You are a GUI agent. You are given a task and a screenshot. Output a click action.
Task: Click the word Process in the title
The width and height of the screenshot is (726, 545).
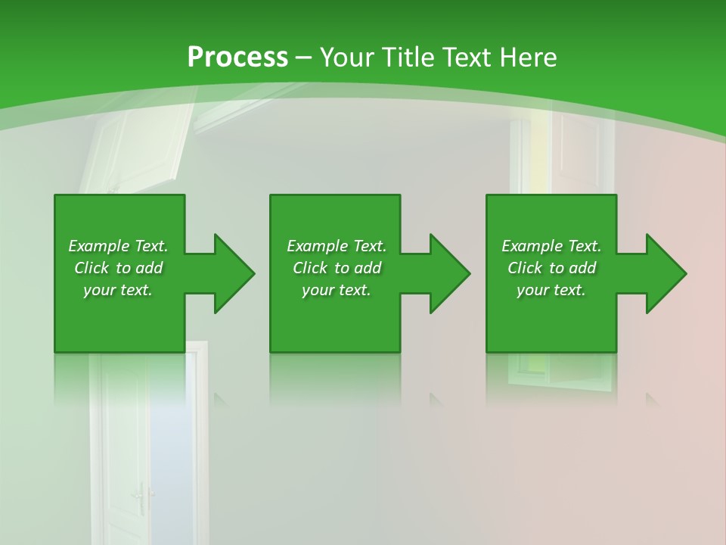point(237,58)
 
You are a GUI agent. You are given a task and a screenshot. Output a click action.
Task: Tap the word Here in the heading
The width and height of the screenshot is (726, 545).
point(526,58)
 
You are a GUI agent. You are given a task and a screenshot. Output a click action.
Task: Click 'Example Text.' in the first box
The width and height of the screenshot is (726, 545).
point(118,246)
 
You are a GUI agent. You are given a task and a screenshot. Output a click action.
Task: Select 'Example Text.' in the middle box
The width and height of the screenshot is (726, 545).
point(336,246)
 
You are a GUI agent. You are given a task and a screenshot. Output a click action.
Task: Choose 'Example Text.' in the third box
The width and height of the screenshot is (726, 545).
point(551,246)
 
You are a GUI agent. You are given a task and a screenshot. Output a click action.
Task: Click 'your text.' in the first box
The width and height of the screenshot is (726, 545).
point(118,290)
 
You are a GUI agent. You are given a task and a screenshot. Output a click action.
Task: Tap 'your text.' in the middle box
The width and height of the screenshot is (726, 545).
point(336,290)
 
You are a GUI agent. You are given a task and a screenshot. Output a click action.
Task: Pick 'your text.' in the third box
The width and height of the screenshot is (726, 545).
point(551,290)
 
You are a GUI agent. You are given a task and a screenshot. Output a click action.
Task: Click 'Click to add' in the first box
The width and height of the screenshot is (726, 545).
point(118,268)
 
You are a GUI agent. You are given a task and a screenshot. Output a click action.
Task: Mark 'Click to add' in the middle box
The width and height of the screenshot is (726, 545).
point(336,268)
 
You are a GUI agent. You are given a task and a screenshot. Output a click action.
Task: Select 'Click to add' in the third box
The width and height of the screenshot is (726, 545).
point(551,268)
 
